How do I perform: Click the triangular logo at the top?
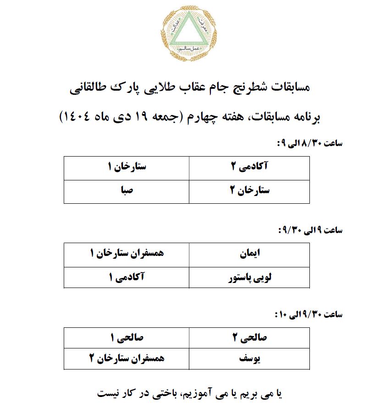click(x=190, y=34)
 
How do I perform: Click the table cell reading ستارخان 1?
click(x=126, y=168)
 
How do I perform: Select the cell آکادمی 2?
click(x=249, y=168)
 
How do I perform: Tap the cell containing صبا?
click(x=126, y=191)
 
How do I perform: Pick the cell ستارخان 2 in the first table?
click(x=249, y=191)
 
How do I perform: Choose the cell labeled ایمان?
click(x=249, y=254)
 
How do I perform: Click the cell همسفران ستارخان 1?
click(x=126, y=254)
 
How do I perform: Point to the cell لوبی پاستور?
click(x=249, y=278)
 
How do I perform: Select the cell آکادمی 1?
click(x=126, y=278)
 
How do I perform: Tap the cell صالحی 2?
click(x=249, y=338)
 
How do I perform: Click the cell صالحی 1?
click(x=126, y=338)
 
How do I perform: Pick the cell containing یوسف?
click(x=249, y=359)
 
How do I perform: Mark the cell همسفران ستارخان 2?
click(x=126, y=359)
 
